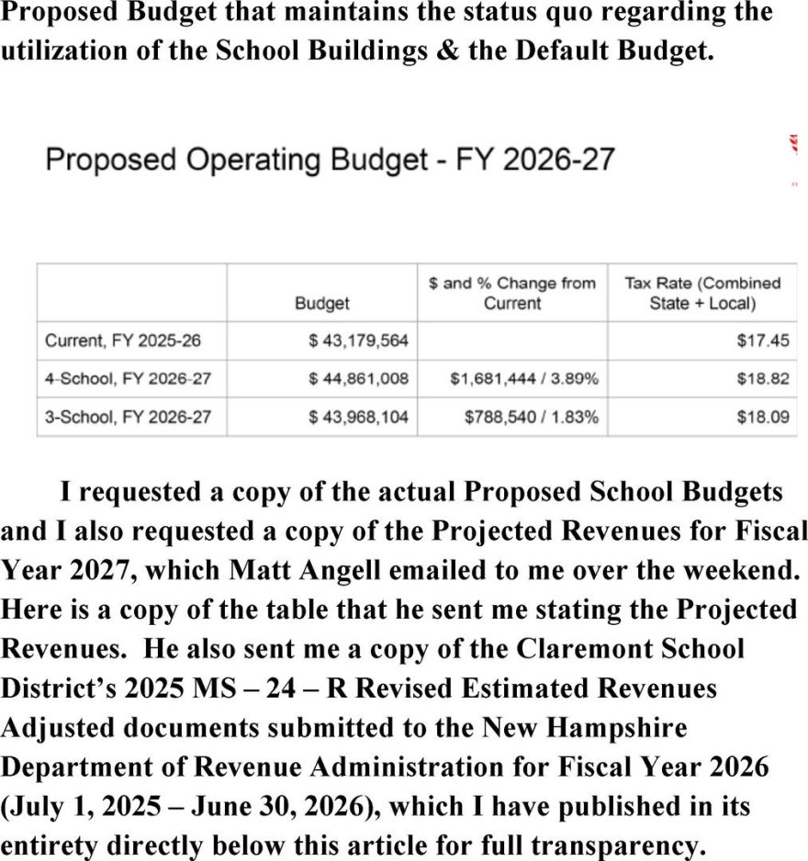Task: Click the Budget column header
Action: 322,303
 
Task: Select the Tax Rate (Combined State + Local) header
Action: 702,293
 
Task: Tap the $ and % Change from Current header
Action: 511,293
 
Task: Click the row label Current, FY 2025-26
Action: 123,341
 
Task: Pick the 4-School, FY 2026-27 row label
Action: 129,379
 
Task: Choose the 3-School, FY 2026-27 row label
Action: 129,417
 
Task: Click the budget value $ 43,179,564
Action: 358,341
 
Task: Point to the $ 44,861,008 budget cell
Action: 358,379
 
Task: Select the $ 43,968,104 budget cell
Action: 358,417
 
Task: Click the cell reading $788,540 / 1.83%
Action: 532,417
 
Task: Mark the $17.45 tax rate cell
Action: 762,341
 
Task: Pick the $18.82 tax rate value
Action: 762,379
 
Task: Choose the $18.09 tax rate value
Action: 762,417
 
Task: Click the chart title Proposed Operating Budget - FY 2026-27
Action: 330,160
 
